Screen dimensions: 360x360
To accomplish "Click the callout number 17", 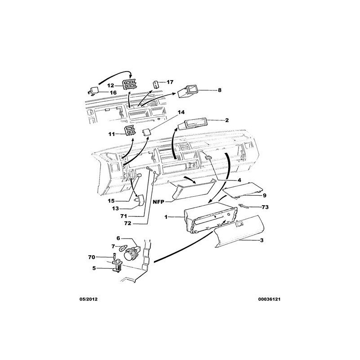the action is pyautogui.click(x=170, y=82).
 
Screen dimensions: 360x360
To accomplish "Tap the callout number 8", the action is pyautogui.click(x=220, y=90).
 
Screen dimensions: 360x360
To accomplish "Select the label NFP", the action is pyautogui.click(x=159, y=202).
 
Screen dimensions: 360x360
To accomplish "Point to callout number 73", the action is pyautogui.click(x=265, y=207).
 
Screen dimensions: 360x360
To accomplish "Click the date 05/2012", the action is pyautogui.click(x=88, y=299).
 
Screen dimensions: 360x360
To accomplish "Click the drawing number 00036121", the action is pyautogui.click(x=269, y=299).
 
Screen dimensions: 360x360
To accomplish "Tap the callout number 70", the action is pyautogui.click(x=92, y=257).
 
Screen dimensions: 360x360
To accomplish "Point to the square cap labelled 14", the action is pyautogui.click(x=146, y=132).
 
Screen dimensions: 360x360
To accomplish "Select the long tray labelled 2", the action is pyautogui.click(x=193, y=125).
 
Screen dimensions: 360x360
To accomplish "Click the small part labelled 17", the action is pyautogui.click(x=156, y=84).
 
